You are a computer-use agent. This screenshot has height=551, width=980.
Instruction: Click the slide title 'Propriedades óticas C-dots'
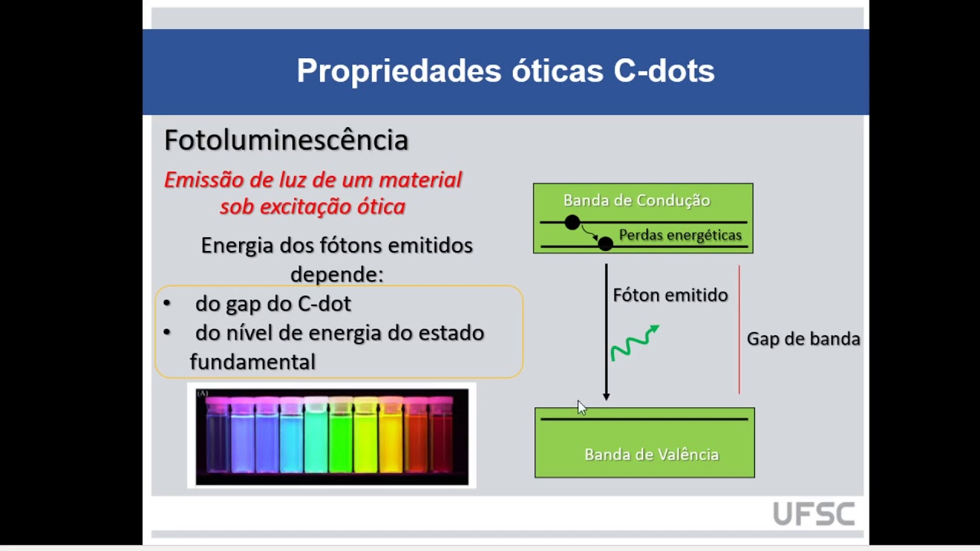click(505, 71)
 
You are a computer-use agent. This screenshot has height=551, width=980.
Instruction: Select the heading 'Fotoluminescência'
click(286, 140)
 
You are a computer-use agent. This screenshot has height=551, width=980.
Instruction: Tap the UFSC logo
click(813, 514)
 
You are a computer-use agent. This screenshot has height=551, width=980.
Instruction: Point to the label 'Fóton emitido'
click(670, 295)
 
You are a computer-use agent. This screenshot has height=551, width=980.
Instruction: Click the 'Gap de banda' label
click(803, 339)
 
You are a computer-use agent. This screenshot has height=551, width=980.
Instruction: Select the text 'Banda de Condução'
click(636, 201)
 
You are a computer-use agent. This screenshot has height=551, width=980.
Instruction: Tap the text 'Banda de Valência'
click(651, 455)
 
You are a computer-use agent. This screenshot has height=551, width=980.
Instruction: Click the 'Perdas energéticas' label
click(680, 235)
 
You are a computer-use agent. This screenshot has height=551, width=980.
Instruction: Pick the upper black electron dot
click(572, 223)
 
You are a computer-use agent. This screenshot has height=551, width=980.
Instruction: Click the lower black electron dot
click(605, 243)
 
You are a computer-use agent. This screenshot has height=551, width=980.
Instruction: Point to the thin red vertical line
click(739, 329)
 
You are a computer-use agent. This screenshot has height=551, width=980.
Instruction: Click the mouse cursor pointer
click(581, 407)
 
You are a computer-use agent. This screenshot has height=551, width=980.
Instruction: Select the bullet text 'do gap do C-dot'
click(273, 304)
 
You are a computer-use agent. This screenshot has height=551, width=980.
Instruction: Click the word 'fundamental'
click(253, 362)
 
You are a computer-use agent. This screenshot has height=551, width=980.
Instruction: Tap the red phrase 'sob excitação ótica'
click(312, 207)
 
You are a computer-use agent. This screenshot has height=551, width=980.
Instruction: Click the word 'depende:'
click(337, 274)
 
